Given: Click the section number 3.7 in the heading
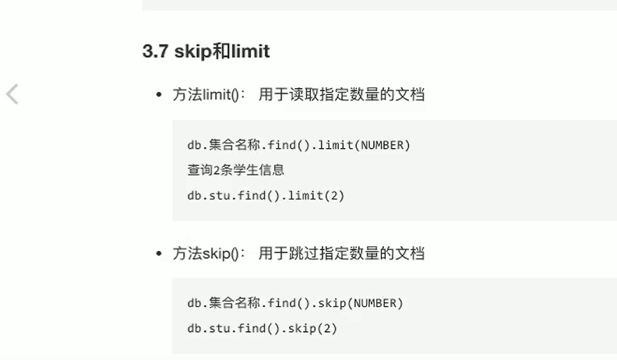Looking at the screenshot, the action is (156, 52).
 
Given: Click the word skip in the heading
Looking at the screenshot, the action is (190, 52).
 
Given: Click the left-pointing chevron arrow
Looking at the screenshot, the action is (12, 94).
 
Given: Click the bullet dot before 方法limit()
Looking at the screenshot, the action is (160, 95).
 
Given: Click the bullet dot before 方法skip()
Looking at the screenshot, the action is (160, 254).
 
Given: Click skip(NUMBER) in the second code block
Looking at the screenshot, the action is (365, 303).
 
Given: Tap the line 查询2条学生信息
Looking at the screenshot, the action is (235, 170).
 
